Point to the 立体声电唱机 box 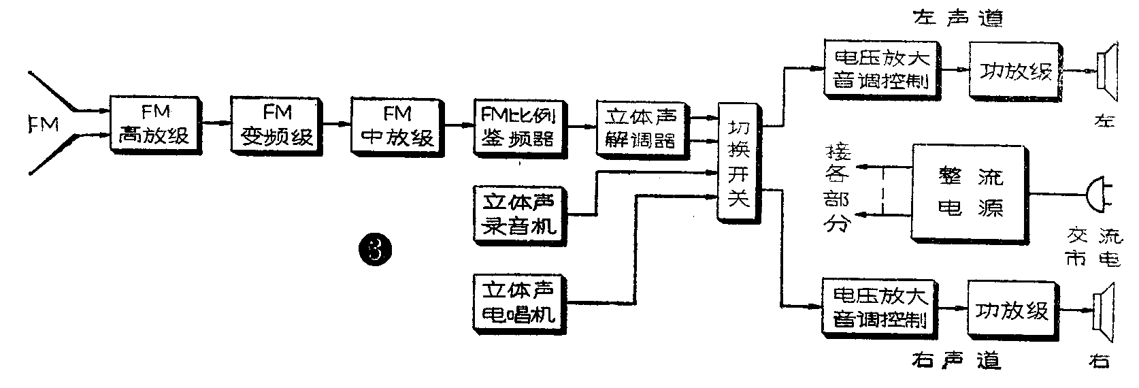click(519, 302)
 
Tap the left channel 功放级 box click(1015, 71)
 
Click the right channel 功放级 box click(1012, 311)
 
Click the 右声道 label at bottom click(955, 359)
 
